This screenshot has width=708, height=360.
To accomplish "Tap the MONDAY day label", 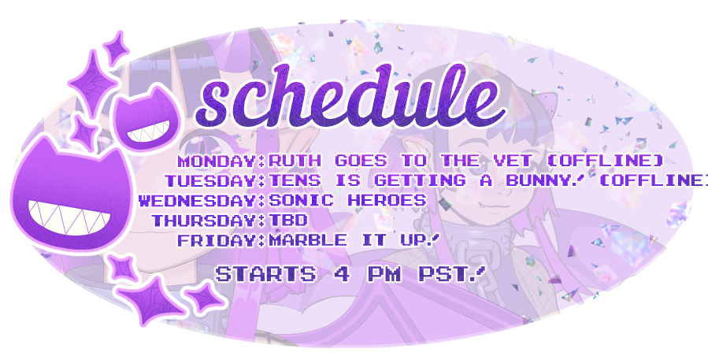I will (x=217, y=161).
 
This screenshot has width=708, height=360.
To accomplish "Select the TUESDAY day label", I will (x=210, y=181).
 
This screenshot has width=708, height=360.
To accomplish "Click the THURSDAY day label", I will (x=204, y=221).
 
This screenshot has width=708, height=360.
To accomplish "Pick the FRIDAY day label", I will (x=217, y=240).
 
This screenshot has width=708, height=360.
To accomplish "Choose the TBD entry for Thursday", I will (x=287, y=221).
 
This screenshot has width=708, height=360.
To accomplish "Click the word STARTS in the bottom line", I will (x=257, y=274).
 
